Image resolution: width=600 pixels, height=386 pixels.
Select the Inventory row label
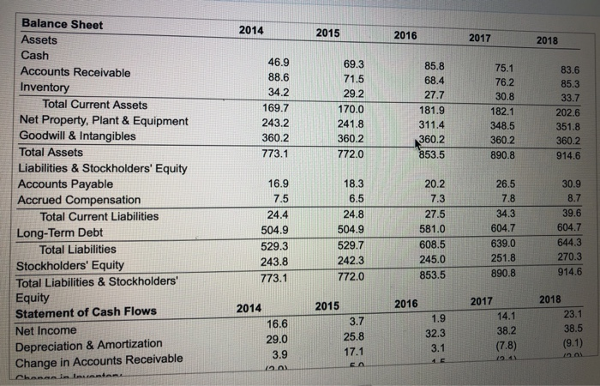pos(45,87)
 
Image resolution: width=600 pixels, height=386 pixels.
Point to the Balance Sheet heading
pos(62,24)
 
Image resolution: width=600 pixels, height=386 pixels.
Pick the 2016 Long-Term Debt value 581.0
pos(433,230)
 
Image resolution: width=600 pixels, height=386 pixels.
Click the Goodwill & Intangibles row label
pos(78,136)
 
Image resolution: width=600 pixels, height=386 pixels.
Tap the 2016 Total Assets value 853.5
pos(432,154)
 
